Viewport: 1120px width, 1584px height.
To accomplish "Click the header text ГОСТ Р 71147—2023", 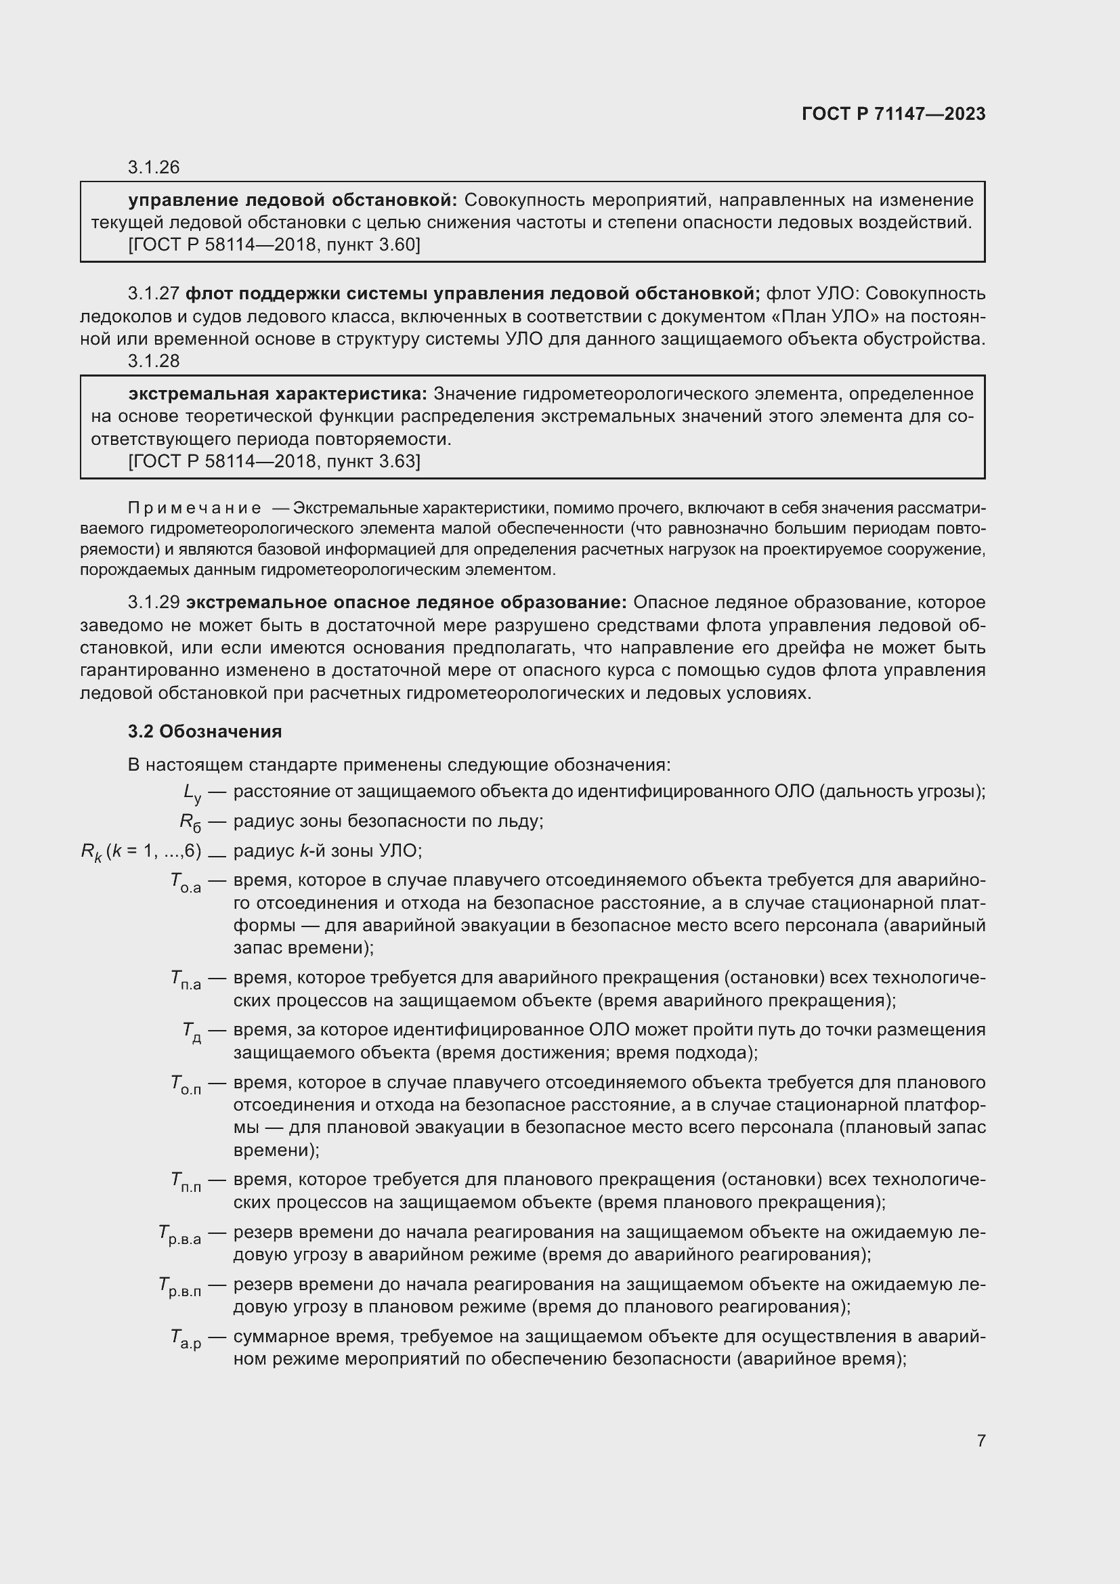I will pos(893,114).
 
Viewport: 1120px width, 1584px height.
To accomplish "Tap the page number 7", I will pos(981,1440).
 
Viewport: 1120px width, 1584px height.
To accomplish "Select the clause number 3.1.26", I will pos(153,168).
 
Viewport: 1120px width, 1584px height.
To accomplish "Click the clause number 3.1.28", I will pos(153,361).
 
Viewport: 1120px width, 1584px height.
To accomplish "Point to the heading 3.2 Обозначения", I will pos(204,731).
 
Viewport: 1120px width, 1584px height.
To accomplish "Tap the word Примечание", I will pos(194,509).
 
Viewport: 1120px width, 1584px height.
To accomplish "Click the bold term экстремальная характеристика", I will pos(277,394).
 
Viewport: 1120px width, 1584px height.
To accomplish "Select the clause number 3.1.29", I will pos(153,602).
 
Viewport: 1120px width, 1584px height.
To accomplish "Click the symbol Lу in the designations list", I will pos(192,794).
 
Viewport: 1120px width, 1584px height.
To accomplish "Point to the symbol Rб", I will pos(190,822).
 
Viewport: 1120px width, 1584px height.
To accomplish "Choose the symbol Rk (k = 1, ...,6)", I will pos(141,853).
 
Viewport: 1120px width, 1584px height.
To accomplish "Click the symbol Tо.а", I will pos(186,882).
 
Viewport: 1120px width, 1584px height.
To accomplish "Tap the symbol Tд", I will pos(192,1032).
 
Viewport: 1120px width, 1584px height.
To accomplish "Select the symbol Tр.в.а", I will pos(179,1235).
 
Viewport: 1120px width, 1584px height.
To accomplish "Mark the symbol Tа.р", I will pos(186,1339).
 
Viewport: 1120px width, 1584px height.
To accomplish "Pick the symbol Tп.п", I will pos(186,1182).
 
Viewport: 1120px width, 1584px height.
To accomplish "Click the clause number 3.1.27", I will pos(153,295).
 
